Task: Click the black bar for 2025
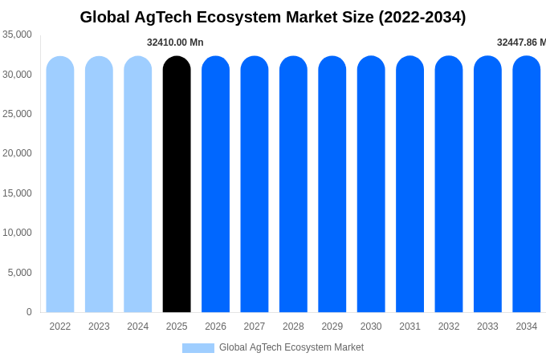(x=177, y=185)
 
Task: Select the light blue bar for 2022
(x=60, y=185)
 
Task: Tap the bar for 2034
(x=527, y=185)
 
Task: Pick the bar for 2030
(x=371, y=185)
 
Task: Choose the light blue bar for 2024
(x=138, y=185)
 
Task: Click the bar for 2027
(x=255, y=185)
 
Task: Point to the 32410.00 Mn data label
(x=175, y=43)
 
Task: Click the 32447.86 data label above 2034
(x=520, y=43)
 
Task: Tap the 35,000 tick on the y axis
(x=17, y=34)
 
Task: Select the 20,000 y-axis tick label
(x=17, y=153)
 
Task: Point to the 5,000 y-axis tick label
(x=20, y=273)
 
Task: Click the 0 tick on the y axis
(x=29, y=312)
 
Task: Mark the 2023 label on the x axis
(x=99, y=327)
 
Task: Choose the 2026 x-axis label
(x=215, y=327)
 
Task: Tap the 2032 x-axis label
(x=449, y=327)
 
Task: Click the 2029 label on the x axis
(x=332, y=327)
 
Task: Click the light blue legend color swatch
(x=198, y=348)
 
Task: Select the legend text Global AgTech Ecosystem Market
(x=291, y=347)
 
